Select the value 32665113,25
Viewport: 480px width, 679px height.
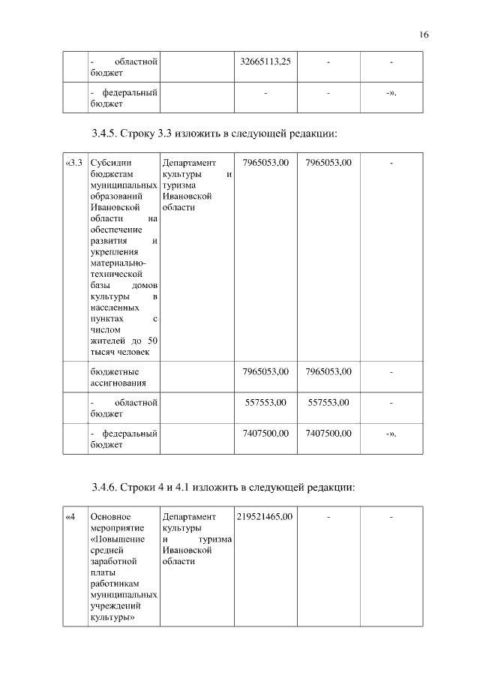click(x=265, y=62)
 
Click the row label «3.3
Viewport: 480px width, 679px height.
click(x=73, y=162)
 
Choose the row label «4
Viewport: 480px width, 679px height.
click(x=70, y=517)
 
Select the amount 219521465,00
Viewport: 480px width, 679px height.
click(x=265, y=517)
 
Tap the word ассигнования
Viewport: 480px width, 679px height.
click(x=118, y=383)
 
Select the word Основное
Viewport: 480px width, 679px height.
click(x=110, y=517)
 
